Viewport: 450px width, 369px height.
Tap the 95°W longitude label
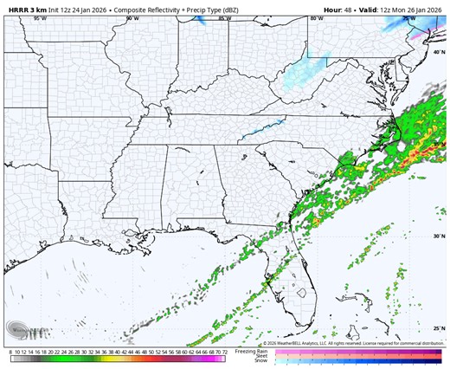point(40,18)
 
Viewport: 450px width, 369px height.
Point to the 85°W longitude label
point(226,18)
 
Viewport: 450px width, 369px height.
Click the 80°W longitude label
point(318,18)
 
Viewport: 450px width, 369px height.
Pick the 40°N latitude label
point(437,54)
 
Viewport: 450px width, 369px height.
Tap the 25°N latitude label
point(437,328)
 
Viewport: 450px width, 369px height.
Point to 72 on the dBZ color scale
point(224,353)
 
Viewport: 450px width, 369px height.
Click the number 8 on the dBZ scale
point(10,353)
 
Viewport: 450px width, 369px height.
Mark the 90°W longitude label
point(132,18)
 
